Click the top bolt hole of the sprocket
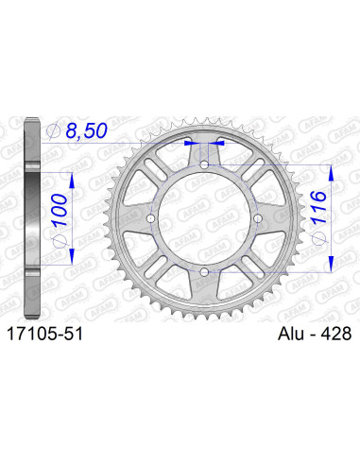pos(205,164)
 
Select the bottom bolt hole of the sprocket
pos(205,273)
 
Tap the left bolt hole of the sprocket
pos(151,219)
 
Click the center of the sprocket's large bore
pos(205,219)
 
